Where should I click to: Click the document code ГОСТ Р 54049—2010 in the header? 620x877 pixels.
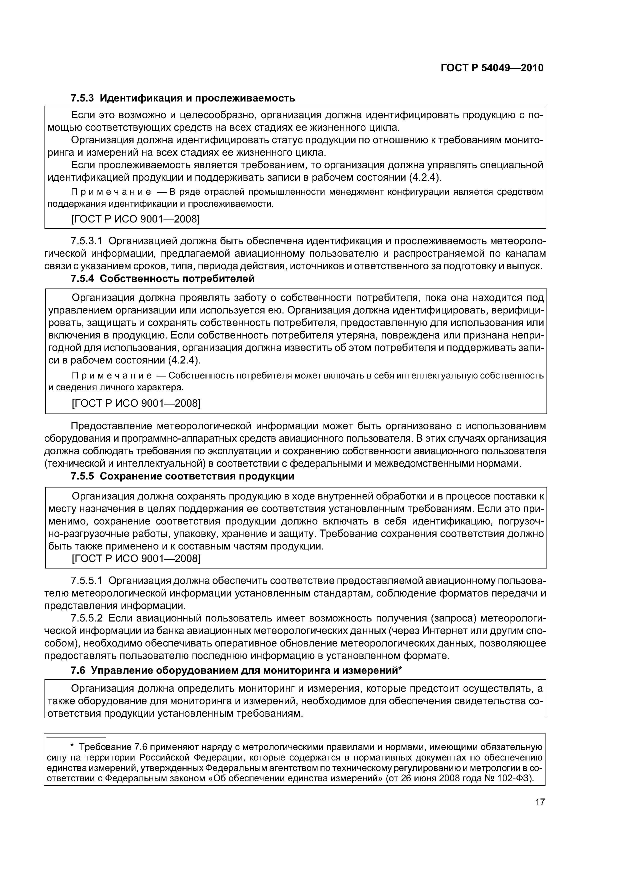492,68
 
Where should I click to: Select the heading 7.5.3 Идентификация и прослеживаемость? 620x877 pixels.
182,98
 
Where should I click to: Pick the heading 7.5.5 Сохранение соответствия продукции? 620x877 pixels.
182,476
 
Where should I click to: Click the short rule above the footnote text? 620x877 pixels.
76,737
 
